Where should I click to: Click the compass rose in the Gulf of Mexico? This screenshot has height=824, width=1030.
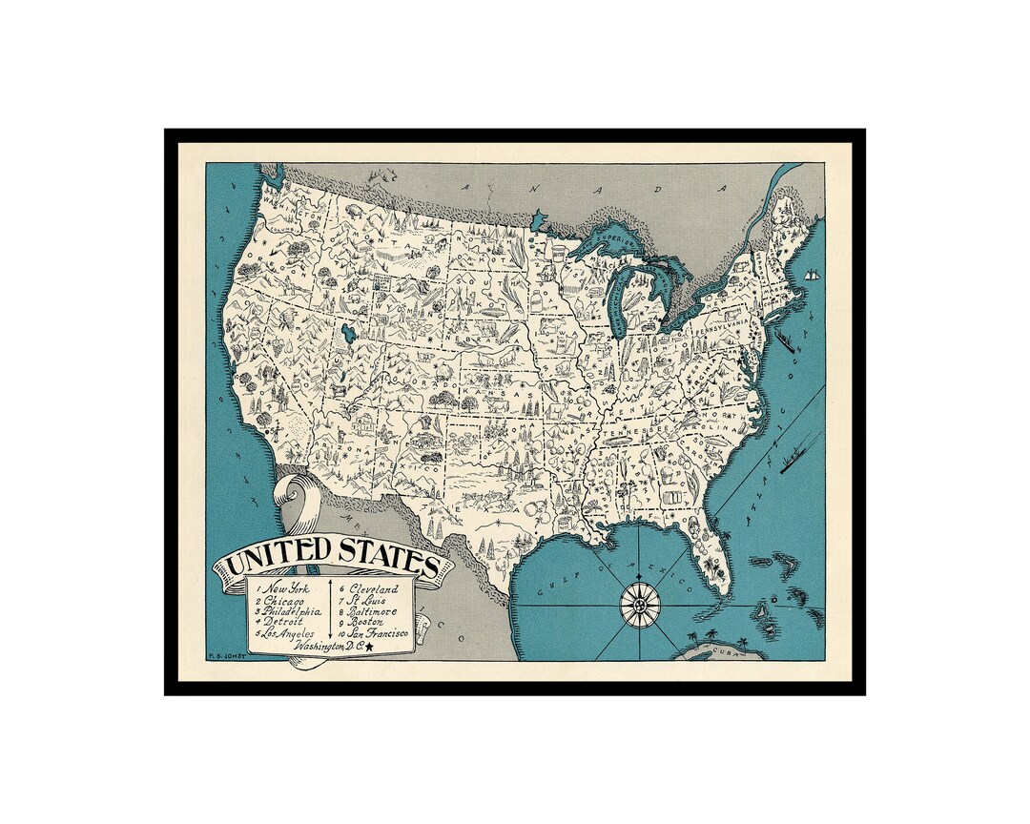coord(641,604)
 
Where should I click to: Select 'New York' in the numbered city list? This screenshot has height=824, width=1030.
coord(288,588)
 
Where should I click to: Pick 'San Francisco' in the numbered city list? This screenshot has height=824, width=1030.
coord(378,632)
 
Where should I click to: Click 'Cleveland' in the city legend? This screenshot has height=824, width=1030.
coord(373,589)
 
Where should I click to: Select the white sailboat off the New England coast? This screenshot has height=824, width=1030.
coord(813,275)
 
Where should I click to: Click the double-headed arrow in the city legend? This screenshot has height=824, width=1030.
coord(330,608)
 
